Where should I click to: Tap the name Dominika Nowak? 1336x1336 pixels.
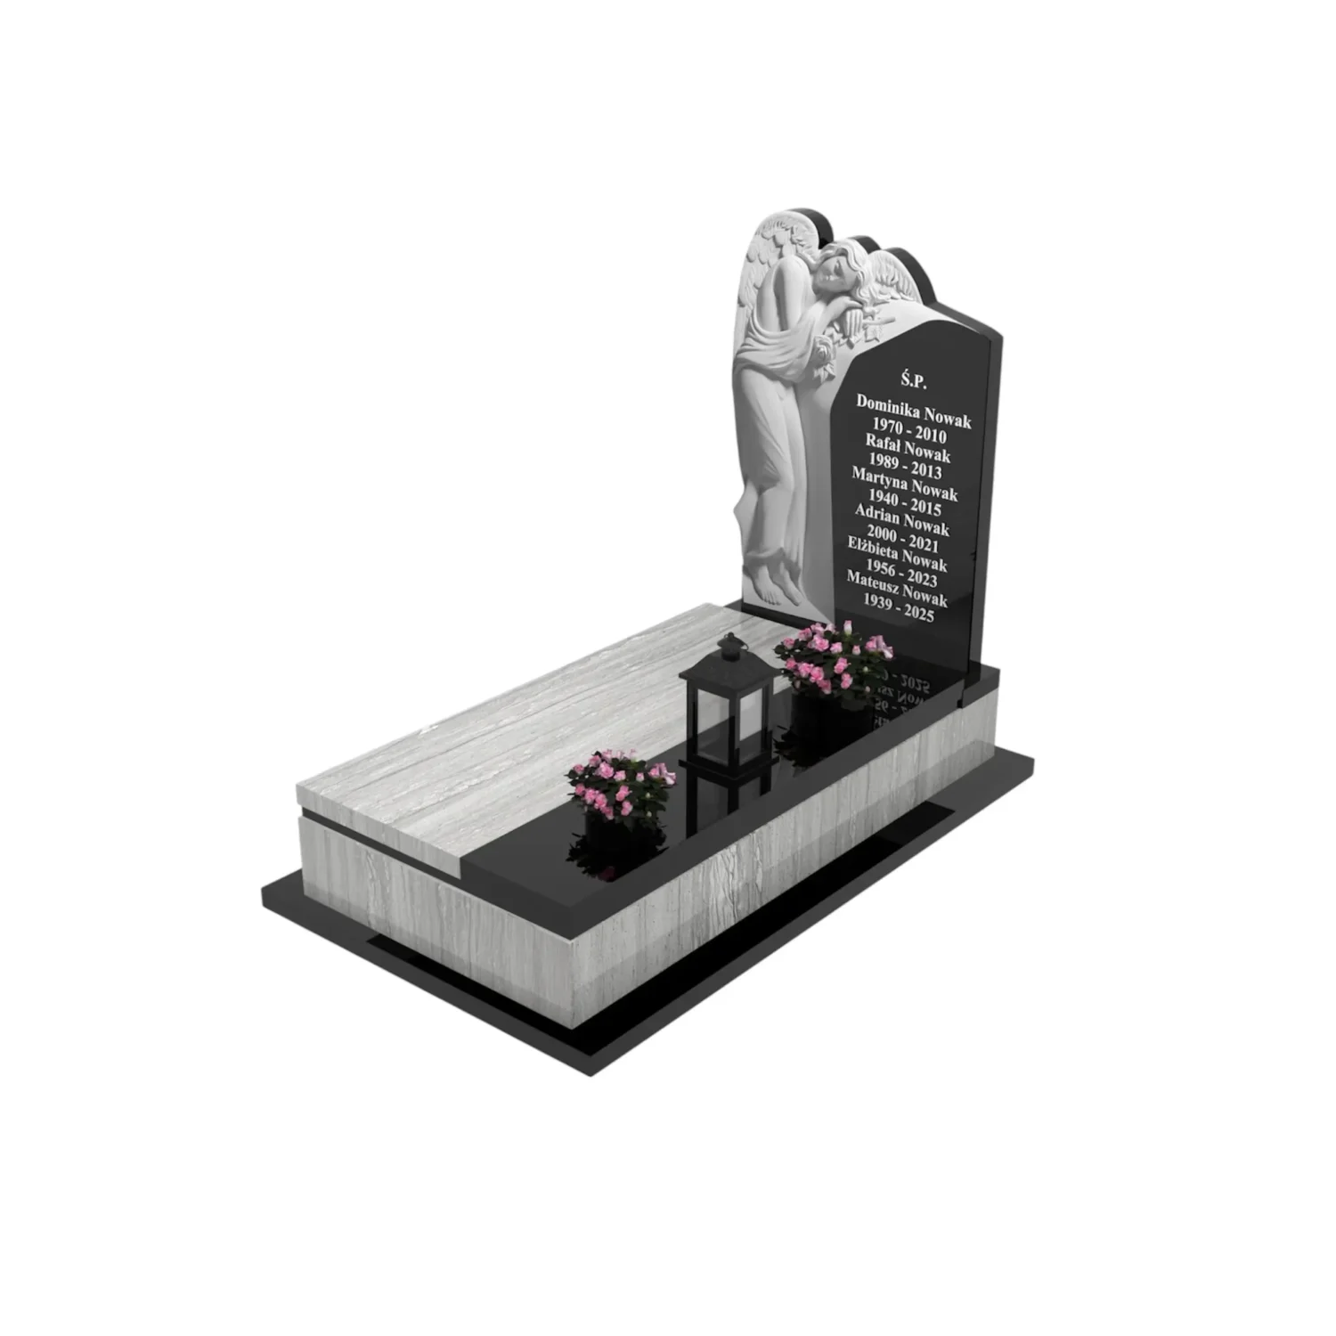pos(914,411)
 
